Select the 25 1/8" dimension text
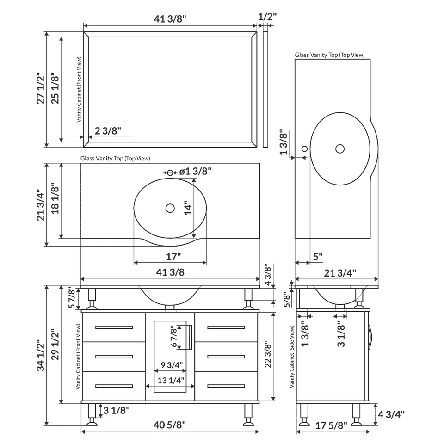pyautogui.click(x=55, y=88)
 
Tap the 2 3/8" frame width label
pyautogui.click(x=108, y=131)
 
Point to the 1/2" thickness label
pyautogui.click(x=267, y=17)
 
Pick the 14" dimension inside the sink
pyautogui.click(x=186, y=211)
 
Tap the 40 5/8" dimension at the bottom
pyautogui.click(x=170, y=425)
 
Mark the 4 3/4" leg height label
pyautogui.click(x=391, y=414)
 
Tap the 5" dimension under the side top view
pyautogui.click(x=317, y=257)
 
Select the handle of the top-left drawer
pyautogui.click(x=114, y=327)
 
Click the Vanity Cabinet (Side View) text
pyautogui.click(x=292, y=356)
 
